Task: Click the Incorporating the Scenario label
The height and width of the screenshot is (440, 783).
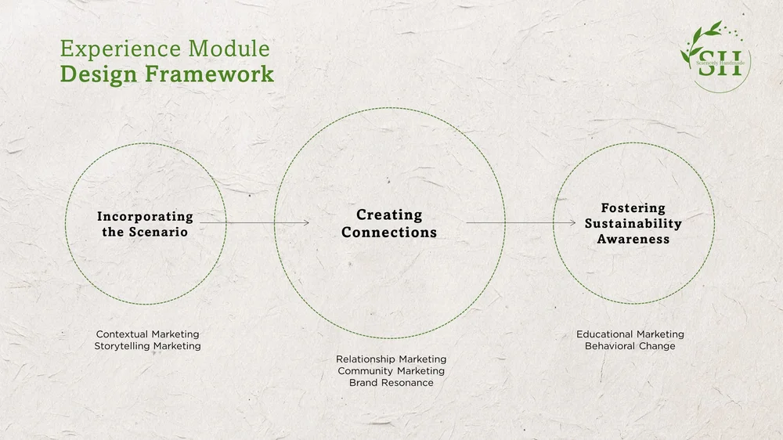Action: tap(145, 224)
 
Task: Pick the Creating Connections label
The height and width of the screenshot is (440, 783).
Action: tap(389, 223)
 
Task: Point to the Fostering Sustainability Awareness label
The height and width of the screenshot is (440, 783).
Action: tap(633, 223)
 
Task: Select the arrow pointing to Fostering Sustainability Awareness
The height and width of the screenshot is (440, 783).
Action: tap(521, 223)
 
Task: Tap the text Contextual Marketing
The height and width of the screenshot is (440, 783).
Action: tap(147, 334)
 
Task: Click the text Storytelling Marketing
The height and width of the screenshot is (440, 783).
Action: tap(147, 346)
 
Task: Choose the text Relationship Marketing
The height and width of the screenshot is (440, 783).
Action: tap(391, 359)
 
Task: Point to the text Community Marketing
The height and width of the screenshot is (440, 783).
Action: tap(391, 371)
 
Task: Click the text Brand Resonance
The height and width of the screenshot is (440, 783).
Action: tap(391, 383)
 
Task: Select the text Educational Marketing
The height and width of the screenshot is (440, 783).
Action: tap(630, 334)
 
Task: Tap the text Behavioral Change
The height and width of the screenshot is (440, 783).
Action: tap(630, 346)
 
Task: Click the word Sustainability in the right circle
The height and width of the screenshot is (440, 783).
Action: tap(633, 223)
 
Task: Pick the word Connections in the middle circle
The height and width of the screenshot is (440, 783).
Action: tap(389, 233)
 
